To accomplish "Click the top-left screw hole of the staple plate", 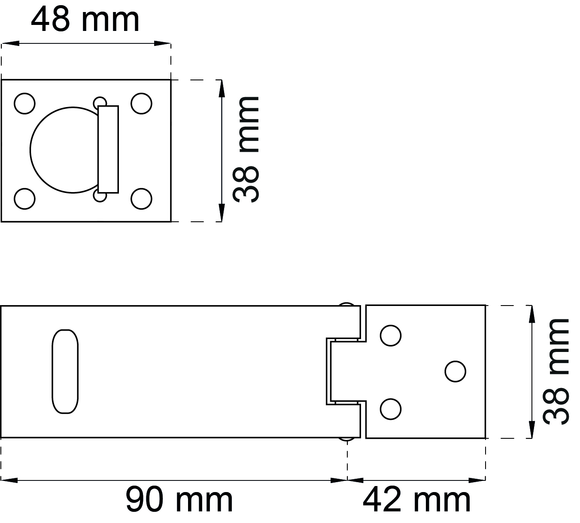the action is point(24,104).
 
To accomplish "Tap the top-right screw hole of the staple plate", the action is point(141,104).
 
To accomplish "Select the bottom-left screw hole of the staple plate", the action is point(24,199).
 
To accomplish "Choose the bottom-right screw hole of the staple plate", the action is point(141,199).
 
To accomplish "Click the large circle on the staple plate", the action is point(30,150).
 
